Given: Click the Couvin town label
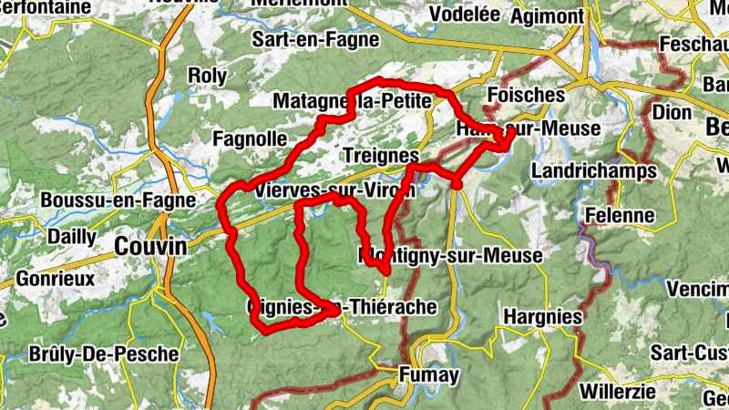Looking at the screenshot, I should (x=150, y=247).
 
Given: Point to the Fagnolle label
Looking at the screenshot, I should (x=249, y=139).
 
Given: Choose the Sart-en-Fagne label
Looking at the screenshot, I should (x=304, y=40).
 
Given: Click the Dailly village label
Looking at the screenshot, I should (x=72, y=236).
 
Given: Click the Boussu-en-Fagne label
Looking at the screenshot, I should (x=118, y=200).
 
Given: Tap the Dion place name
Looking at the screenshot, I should (x=673, y=112).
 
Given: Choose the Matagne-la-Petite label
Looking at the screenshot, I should (x=351, y=101).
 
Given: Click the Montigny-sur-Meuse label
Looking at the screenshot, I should (x=451, y=256).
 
